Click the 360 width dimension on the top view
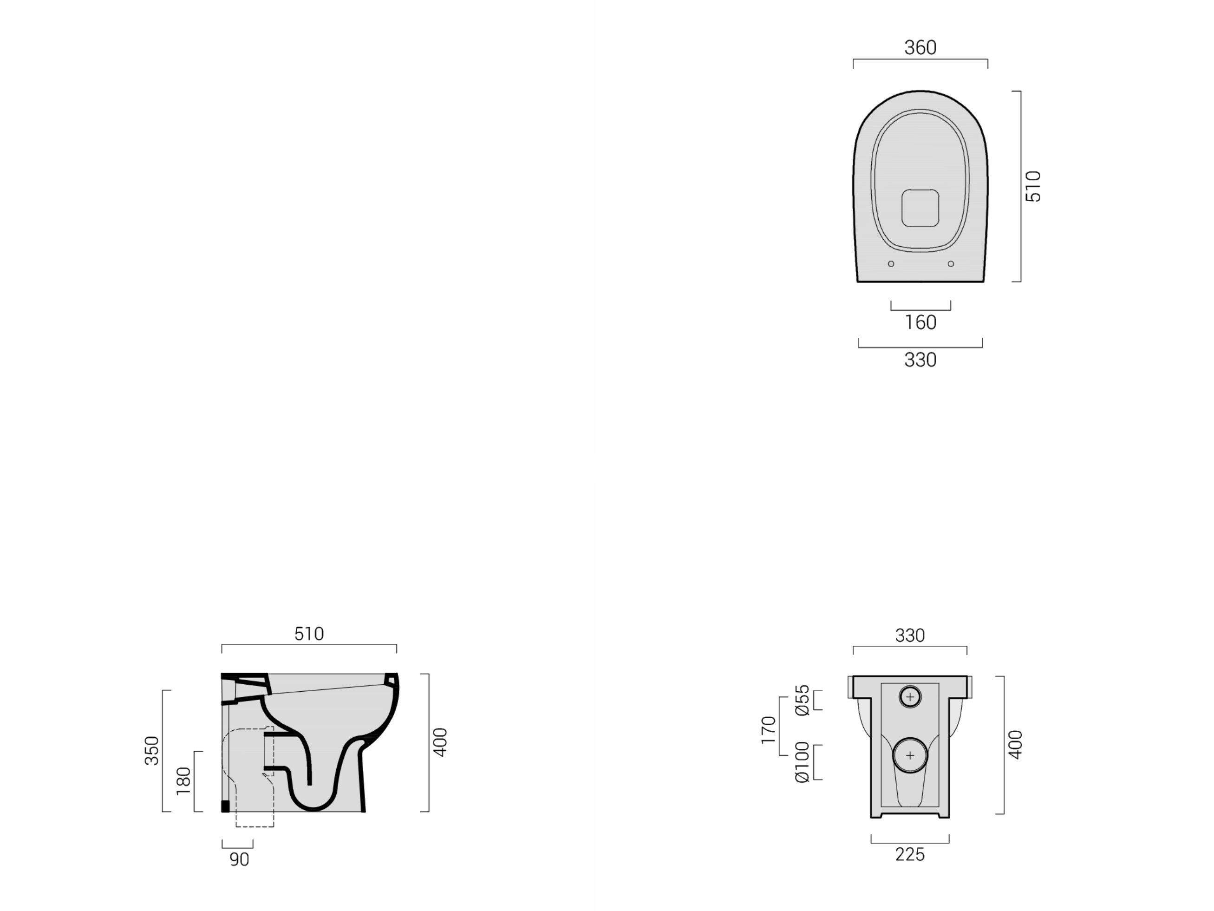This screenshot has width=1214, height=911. pos(920,48)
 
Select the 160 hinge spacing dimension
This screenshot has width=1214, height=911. pos(920,322)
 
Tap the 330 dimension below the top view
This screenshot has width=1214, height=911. pos(920,360)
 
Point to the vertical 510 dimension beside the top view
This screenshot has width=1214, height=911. pos(1033,186)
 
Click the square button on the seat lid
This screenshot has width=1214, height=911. pos(920,208)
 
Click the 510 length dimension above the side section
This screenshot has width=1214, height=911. pos(309,634)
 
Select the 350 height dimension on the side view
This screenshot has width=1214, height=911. pos(151,751)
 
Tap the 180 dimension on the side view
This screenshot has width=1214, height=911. pos(183,781)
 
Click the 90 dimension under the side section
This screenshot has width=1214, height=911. pos(239,859)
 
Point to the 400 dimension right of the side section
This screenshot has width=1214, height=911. pos(440,742)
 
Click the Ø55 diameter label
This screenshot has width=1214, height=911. pos(802,700)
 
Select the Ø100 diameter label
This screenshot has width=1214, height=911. pos(802,762)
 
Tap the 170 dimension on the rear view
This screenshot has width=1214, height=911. pos(768,730)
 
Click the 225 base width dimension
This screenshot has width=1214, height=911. pos(909,854)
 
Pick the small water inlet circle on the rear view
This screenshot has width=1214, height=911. pos(910,697)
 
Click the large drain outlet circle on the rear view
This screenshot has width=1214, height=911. pos(910,755)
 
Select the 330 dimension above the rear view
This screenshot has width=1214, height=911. pos(909,636)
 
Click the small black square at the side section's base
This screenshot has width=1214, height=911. pos(225,806)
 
